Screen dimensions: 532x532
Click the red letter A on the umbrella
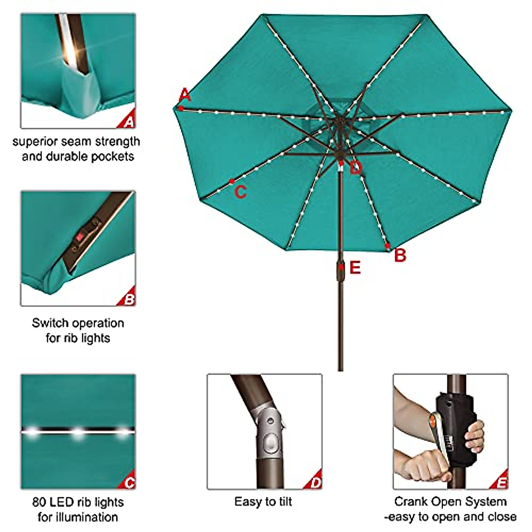tap(185, 95)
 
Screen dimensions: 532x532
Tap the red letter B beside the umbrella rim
tap(400, 255)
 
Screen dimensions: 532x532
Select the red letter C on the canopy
tap(240, 192)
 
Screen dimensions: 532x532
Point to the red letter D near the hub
tap(355, 168)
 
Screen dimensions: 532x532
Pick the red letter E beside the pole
tap(355, 268)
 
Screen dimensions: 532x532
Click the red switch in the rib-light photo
tap(80, 237)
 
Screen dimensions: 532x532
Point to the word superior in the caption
tap(34, 142)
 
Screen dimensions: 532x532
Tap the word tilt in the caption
tap(285, 502)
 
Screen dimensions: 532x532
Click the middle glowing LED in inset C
tap(78, 432)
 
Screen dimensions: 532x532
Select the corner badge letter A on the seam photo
tap(129, 121)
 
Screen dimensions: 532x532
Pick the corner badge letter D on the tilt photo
tap(315, 483)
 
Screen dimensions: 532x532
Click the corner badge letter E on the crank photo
tap(501, 483)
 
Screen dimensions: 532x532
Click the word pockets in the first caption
tap(113, 156)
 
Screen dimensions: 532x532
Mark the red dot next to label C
tap(232, 181)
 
